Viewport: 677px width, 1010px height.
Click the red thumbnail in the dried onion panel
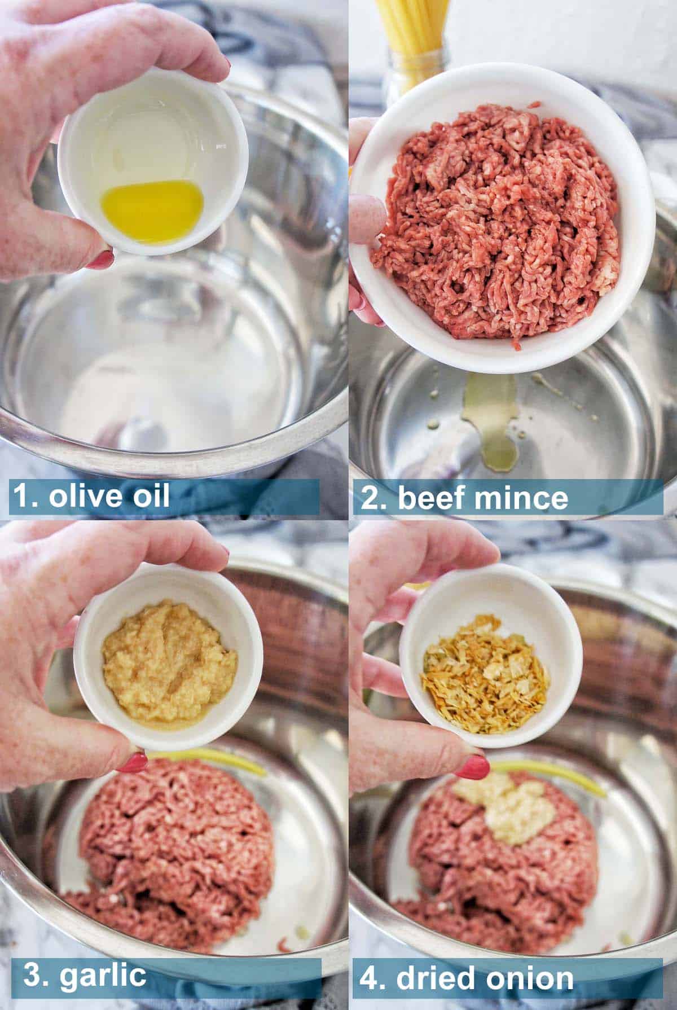472,766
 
